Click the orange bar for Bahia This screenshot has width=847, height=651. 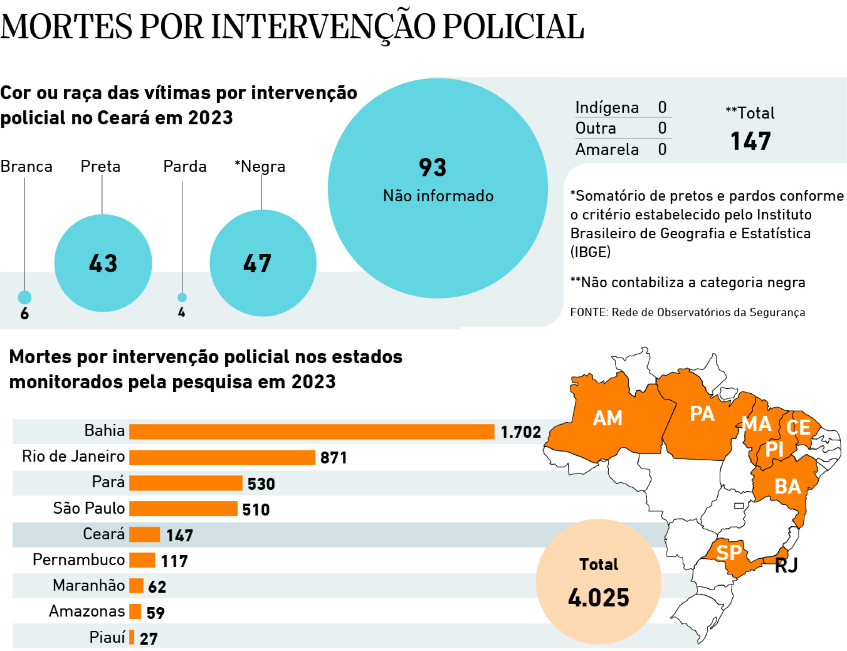(x=311, y=431)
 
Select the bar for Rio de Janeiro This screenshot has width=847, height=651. (x=222, y=457)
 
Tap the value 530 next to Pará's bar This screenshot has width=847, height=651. (x=261, y=484)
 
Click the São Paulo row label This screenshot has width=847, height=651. (x=89, y=508)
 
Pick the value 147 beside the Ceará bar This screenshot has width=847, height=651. (x=180, y=535)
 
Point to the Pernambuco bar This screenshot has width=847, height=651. (x=142, y=560)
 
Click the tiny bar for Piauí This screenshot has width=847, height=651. (x=131, y=637)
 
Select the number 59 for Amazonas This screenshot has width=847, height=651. (x=155, y=613)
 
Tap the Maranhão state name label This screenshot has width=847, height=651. (x=89, y=585)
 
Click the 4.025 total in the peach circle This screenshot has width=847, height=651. (x=598, y=598)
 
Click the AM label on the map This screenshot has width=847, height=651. (x=607, y=418)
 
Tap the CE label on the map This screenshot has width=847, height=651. (x=798, y=427)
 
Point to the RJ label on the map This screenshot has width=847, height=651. (x=786, y=565)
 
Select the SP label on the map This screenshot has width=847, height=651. (x=729, y=553)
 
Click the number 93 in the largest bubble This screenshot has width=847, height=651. (x=432, y=168)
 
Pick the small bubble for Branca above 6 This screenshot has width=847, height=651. (x=25, y=297)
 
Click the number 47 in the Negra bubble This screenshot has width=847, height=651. (x=257, y=263)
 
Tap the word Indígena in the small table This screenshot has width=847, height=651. (x=607, y=108)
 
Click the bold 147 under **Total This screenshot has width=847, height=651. (x=750, y=141)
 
